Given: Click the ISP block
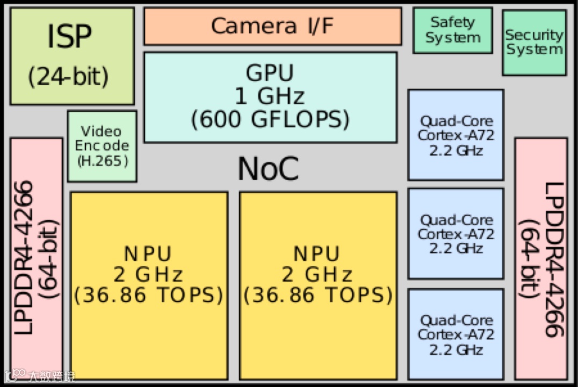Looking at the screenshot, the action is tap(71, 56).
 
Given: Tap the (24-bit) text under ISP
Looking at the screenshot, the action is tap(68, 77).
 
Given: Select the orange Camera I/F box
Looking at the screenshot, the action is tap(272, 26).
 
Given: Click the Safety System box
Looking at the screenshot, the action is tap(452, 30).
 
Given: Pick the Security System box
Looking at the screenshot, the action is tap(534, 42).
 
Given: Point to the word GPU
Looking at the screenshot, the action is tap(270, 73).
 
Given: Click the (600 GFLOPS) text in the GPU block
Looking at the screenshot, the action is tap(270, 119).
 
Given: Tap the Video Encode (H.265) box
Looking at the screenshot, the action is tap(102, 146).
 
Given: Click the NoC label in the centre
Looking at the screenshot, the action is tap(268, 169).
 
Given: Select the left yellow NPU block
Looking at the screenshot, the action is tap(149, 285).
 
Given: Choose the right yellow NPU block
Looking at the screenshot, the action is tap(318, 285).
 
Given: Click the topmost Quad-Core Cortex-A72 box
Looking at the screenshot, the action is tap(456, 135).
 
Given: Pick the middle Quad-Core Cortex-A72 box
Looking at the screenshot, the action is tap(456, 234).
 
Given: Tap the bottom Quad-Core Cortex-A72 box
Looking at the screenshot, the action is tap(456, 334).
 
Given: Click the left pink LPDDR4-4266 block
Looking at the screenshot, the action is tap(36, 258).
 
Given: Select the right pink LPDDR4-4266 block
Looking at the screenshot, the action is tap(541, 258).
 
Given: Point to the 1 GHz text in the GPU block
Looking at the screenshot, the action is tap(270, 96).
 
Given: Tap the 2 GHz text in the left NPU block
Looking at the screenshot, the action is tap(148, 275).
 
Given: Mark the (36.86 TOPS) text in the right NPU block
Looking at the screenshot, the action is tap(318, 295).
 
